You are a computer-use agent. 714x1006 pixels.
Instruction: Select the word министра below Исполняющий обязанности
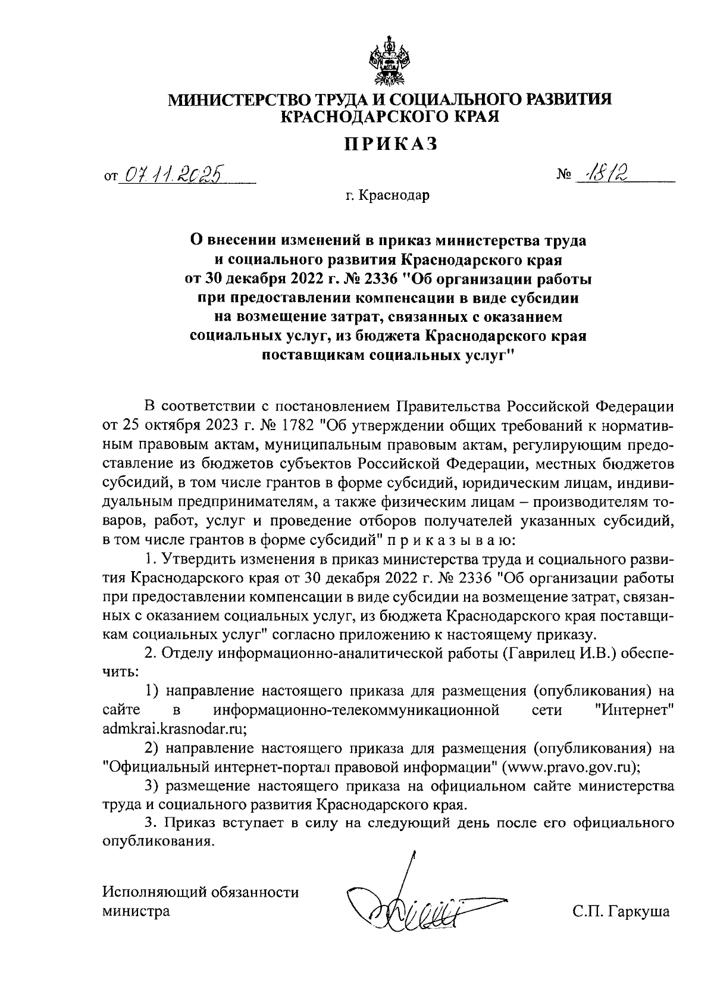coord(136,911)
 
